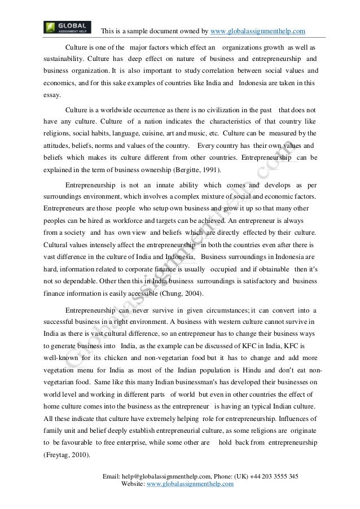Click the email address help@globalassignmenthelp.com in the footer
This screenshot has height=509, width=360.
164,476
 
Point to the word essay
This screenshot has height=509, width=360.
52,95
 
